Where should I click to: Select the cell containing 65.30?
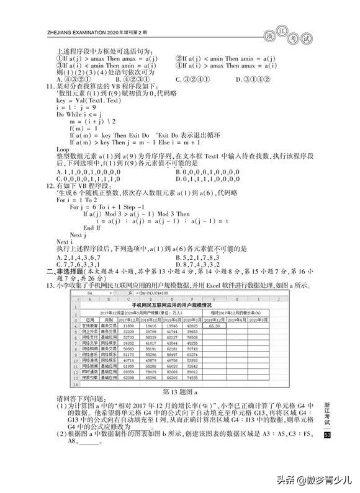(x=216, y=324)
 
